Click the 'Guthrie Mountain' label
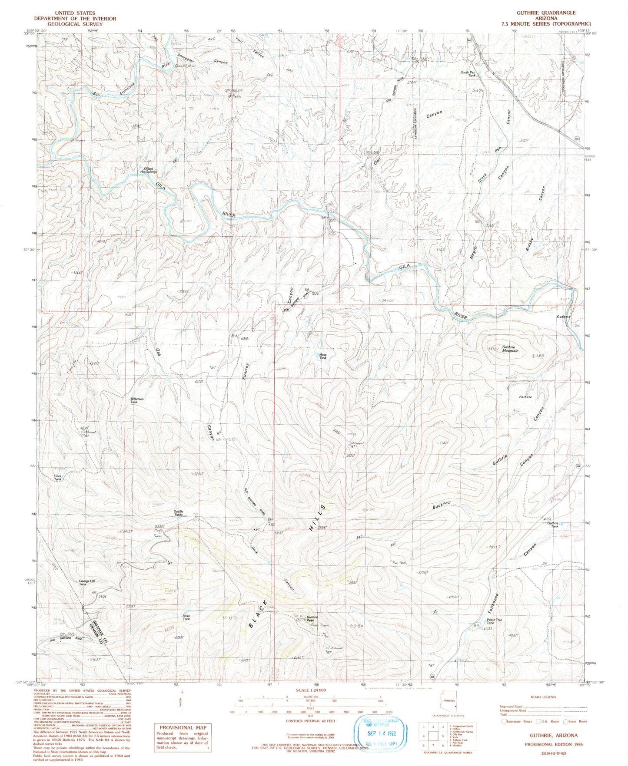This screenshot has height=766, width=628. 510,349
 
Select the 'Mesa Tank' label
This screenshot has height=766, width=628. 323,356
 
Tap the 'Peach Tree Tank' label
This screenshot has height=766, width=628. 494,621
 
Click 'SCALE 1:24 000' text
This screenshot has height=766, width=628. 307,690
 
